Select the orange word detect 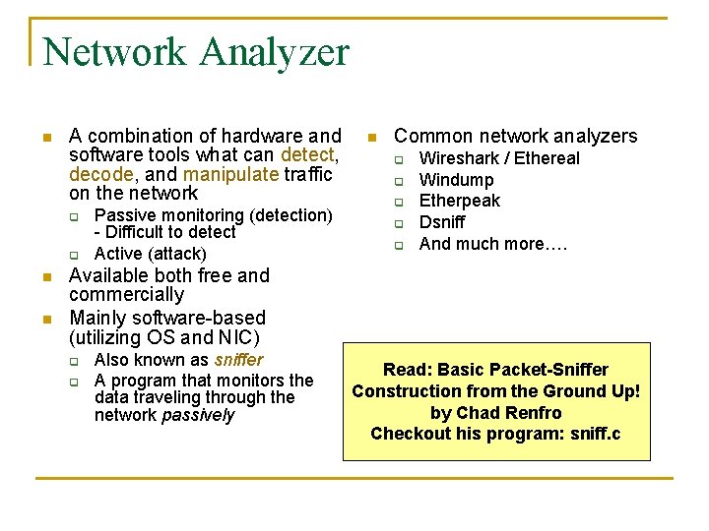tap(308, 155)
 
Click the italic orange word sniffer tap(238, 360)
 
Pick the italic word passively tap(199, 415)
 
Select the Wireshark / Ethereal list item tap(499, 158)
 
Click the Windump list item tap(456, 180)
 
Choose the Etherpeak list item tap(459, 201)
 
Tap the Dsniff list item tap(442, 222)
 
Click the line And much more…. tap(493, 244)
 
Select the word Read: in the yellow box tap(408, 370)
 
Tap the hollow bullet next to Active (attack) tap(72, 255)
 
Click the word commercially tap(126, 295)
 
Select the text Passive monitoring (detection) tap(213, 215)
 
